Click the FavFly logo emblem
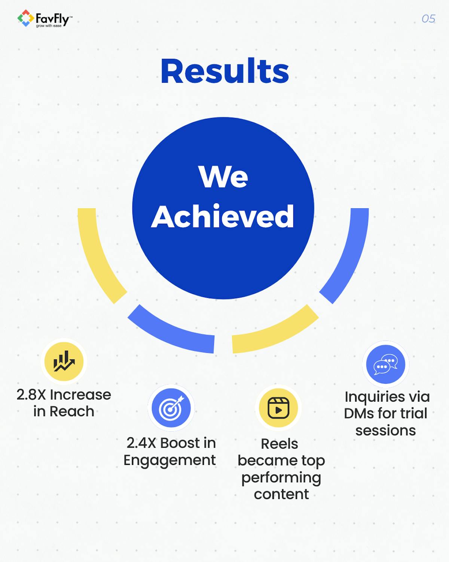[x=25, y=18]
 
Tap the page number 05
[x=428, y=19]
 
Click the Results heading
[x=224, y=71]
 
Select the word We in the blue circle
[x=223, y=176]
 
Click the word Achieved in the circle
[x=223, y=217]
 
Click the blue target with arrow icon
[x=171, y=408]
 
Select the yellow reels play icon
[x=278, y=408]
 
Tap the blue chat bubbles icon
[x=385, y=364]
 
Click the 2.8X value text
[x=31, y=395]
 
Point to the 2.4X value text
[x=141, y=443]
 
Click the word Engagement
[x=169, y=460]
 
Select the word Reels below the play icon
[x=280, y=444]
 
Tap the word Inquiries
[x=369, y=397]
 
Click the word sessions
[x=385, y=430]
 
